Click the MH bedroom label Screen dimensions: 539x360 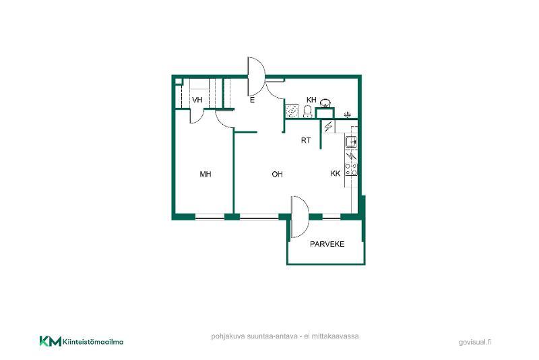click(205, 175)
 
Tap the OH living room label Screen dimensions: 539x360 click(277, 175)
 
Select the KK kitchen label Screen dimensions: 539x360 click(336, 174)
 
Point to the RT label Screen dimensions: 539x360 click(306, 140)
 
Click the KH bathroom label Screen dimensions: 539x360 click(311, 100)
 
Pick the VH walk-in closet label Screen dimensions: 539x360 click(197, 100)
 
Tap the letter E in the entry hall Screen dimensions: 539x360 click(252, 100)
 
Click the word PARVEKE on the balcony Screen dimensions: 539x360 click(327, 244)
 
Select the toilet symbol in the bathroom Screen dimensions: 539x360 click(308, 111)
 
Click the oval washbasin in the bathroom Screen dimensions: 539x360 click(325, 102)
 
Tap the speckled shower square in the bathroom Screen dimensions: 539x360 click(292, 111)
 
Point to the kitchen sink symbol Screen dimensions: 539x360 click(351, 142)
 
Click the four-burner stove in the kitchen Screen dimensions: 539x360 click(351, 169)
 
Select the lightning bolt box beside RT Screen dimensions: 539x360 click(328, 127)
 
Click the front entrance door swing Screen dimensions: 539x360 click(257, 76)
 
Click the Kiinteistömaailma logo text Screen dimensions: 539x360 click(93, 342)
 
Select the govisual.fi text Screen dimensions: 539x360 click(475, 342)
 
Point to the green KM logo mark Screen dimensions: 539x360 click(51, 341)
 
